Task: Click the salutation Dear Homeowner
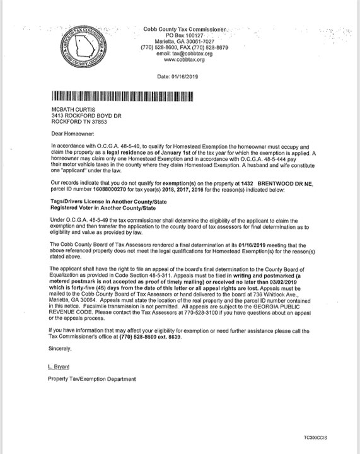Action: [71, 134]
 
